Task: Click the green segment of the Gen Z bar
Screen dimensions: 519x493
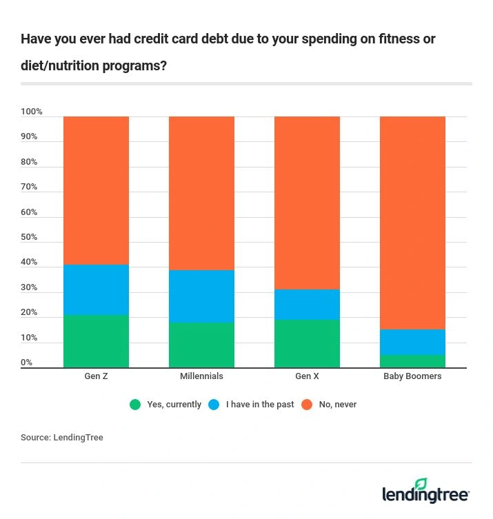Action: click(96, 341)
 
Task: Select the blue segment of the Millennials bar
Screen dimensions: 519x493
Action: click(201, 296)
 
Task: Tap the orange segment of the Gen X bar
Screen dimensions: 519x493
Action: click(307, 203)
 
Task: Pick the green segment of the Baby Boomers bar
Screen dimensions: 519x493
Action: click(412, 361)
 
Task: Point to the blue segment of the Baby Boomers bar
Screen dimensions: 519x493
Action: click(412, 342)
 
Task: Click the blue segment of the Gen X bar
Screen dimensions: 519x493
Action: click(307, 304)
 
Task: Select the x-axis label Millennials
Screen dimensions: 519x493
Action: click(201, 376)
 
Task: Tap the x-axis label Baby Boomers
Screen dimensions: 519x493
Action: click(412, 376)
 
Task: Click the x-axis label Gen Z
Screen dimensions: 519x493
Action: click(96, 376)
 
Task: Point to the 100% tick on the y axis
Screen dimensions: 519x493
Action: click(32, 112)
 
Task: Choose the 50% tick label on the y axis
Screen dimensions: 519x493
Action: click(29, 237)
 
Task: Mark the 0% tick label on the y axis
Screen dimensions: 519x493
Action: click(26, 363)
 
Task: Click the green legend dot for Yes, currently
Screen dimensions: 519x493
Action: click(135, 405)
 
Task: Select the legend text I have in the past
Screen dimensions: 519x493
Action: click(261, 405)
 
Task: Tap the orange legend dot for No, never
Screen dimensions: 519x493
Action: click(307, 405)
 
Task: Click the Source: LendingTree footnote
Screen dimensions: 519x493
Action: click(61, 438)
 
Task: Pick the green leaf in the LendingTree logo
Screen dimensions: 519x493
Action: click(421, 484)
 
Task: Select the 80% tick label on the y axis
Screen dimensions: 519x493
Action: click(29, 162)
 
